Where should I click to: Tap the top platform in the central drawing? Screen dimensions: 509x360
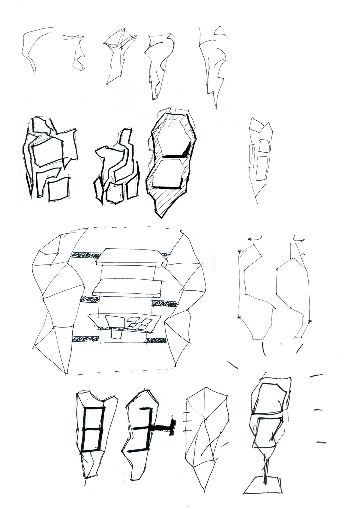(x=130, y=256)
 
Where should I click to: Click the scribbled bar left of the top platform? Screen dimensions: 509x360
(x=85, y=255)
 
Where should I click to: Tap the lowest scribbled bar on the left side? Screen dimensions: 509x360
(x=85, y=339)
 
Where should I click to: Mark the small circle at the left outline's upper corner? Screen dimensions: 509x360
(x=239, y=251)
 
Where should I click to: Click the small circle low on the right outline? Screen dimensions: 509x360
(x=310, y=321)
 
